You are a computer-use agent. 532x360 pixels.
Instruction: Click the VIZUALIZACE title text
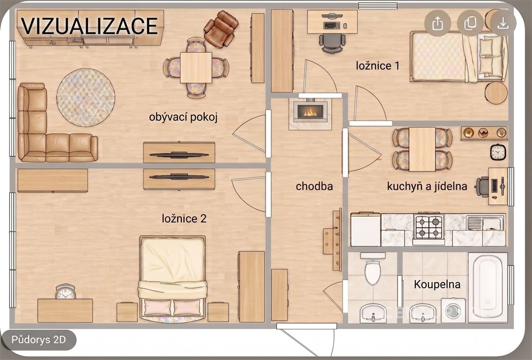pos(89,26)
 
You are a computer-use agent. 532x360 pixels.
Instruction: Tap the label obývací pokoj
pos(183,117)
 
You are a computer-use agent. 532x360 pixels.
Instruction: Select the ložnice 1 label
pos(378,65)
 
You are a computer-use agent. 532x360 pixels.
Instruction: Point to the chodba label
pos(314,186)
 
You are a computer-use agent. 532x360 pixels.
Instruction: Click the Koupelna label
pos(437,284)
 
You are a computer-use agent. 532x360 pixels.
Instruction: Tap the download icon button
pos(503,23)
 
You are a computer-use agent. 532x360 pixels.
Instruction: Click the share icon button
pos(437,23)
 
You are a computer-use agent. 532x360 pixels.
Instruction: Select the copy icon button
pos(470,23)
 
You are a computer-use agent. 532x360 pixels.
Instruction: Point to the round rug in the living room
pos(86,98)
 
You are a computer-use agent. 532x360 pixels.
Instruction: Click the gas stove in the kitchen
pos(429,229)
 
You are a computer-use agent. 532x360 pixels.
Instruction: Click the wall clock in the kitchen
pos(498,152)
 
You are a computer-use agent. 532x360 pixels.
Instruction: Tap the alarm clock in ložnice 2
pos(65,292)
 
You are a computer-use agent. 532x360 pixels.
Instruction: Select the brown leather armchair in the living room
pos(221,30)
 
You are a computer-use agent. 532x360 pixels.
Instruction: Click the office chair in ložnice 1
pos(332,42)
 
